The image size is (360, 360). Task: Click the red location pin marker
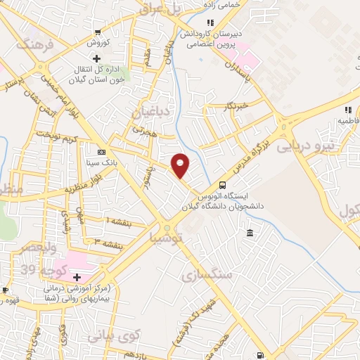(x=181, y=165)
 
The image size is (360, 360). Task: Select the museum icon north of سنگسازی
(x=250, y=233)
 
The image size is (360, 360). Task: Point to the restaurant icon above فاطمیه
(x=347, y=110)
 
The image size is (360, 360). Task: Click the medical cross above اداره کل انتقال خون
(x=96, y=58)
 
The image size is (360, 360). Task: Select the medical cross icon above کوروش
(x=96, y=32)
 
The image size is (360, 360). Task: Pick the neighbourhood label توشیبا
(x=166, y=238)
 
